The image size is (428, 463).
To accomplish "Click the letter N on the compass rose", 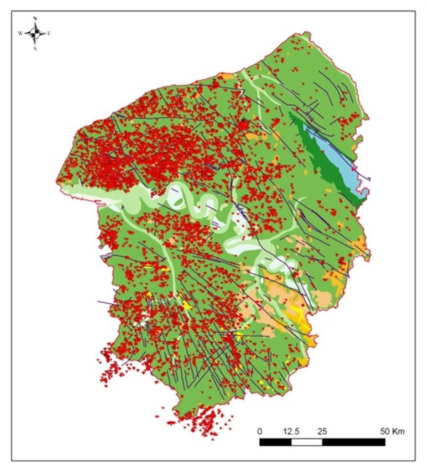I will coord(35,19).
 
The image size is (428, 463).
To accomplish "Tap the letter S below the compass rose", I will coord(35,48).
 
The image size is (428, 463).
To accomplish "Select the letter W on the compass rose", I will coord(20,33).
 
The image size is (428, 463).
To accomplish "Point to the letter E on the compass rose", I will coord(49,33).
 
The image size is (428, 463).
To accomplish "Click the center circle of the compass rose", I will coord(35,33).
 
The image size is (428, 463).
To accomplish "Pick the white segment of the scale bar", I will coord(307,442).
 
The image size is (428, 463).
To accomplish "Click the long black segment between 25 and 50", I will coord(353,442).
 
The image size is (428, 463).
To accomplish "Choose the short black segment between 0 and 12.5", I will coord(275,442).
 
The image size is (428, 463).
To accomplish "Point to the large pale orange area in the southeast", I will coord(279,292).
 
